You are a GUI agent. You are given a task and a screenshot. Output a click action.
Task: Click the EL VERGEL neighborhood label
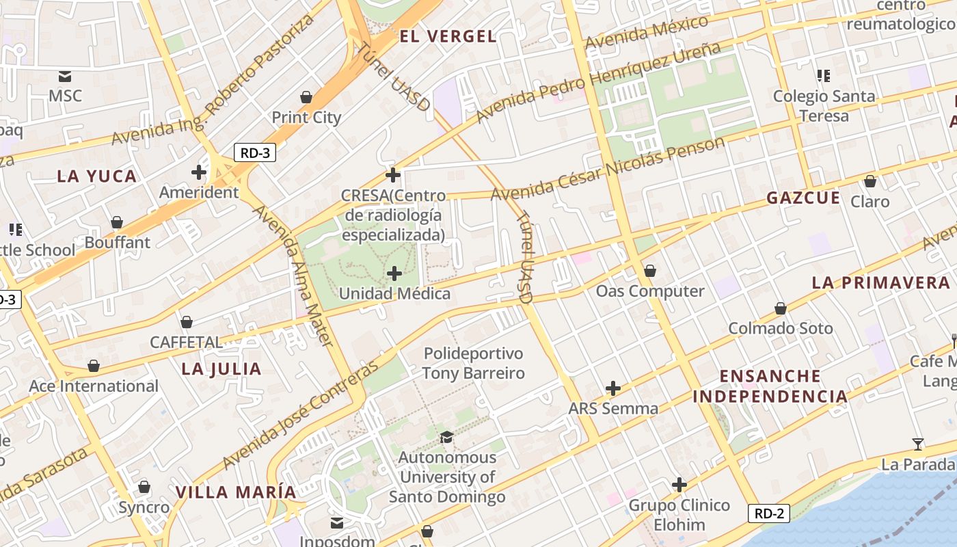tap(448, 36)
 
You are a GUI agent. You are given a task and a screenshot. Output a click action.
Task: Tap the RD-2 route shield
tap(769, 513)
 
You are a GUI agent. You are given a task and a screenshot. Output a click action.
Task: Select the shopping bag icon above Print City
tap(306, 97)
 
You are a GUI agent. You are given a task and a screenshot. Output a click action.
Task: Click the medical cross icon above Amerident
tap(199, 172)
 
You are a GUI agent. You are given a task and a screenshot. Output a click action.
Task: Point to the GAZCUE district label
tap(803, 198)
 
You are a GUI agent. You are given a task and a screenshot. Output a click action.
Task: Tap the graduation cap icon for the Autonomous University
tap(447, 437)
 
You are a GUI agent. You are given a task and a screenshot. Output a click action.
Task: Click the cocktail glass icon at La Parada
tap(918, 444)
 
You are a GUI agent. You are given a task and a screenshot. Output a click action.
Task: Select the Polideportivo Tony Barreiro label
tap(473, 363)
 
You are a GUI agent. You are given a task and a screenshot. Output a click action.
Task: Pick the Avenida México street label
tap(647, 33)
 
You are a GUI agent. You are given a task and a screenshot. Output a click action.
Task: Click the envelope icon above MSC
tap(65, 76)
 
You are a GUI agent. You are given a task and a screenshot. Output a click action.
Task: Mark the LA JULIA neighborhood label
tap(221, 369)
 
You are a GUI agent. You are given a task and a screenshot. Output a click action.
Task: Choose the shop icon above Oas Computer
tap(650, 271)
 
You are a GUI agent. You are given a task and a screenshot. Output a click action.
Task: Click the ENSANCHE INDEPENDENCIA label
tap(770, 386)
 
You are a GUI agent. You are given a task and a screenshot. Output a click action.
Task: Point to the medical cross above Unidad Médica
tap(394, 274)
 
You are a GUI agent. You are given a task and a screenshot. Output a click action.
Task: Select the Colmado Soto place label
tap(781, 328)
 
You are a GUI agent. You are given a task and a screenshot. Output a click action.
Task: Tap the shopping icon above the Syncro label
tap(144, 487)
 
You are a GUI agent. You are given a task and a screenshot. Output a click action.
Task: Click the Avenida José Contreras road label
tap(301, 415)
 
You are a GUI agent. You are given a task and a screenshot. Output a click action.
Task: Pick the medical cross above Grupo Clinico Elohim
tap(679, 485)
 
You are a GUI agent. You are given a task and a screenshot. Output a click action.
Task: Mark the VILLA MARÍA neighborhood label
tap(236, 492)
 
